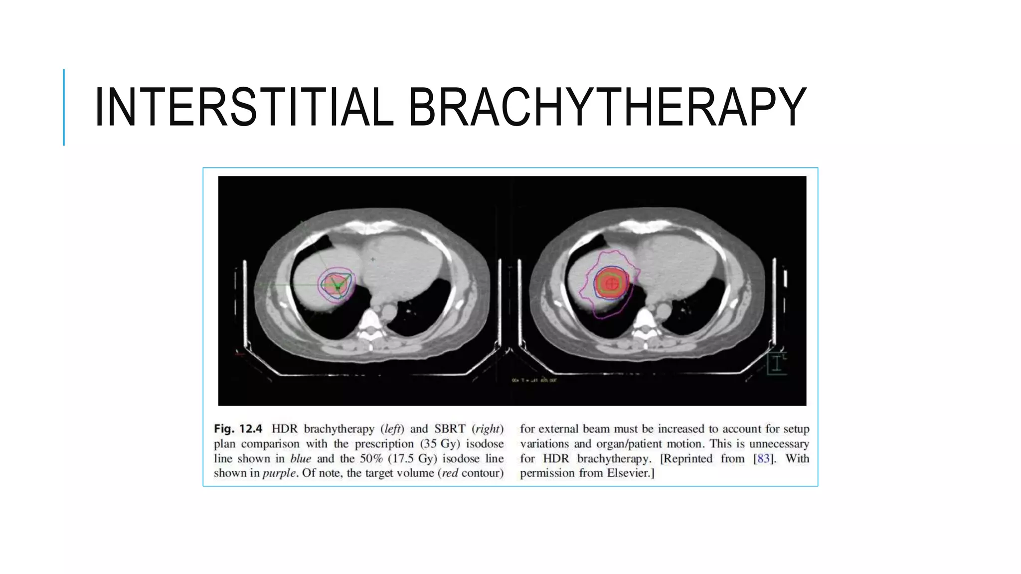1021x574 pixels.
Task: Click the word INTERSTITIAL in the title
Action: (243, 107)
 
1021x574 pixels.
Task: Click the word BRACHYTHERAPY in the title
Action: (607, 107)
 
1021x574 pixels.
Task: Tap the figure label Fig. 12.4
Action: (238, 429)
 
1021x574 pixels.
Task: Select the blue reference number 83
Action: (763, 458)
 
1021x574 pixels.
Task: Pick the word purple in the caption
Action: (280, 473)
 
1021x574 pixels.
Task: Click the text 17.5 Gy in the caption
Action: (412, 458)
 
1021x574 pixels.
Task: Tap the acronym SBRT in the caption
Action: (449, 429)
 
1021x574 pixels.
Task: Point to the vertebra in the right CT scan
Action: (644, 322)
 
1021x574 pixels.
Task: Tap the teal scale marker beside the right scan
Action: (776, 363)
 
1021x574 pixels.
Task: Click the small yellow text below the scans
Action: (534, 380)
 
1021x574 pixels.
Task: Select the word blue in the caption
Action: (301, 458)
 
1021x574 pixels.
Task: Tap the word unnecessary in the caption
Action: (779, 444)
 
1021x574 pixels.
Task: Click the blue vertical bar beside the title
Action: (64, 107)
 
